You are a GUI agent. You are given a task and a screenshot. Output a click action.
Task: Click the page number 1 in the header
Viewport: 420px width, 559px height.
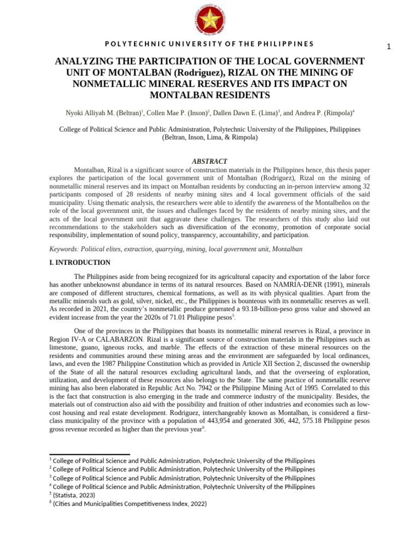[389, 47]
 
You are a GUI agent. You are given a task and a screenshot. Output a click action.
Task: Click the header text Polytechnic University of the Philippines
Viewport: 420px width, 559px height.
[209, 44]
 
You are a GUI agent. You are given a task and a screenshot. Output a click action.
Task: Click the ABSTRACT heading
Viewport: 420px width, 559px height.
[209, 162]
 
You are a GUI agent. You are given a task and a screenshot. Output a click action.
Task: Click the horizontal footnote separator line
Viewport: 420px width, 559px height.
[90, 454]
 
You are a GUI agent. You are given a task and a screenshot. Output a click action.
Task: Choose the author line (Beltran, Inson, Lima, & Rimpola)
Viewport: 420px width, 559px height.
[209, 138]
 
